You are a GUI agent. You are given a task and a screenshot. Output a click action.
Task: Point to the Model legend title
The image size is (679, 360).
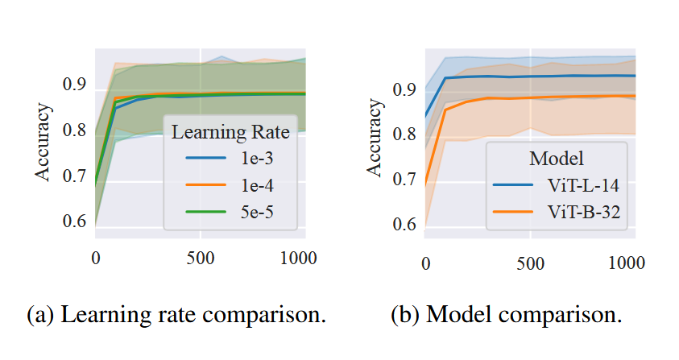[556, 157]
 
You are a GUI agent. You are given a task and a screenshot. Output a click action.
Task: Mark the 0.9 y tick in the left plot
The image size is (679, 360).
[75, 85]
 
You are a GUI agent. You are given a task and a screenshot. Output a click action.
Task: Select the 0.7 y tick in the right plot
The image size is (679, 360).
[405, 179]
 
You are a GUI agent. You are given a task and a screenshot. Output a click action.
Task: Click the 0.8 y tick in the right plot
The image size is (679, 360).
[405, 134]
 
